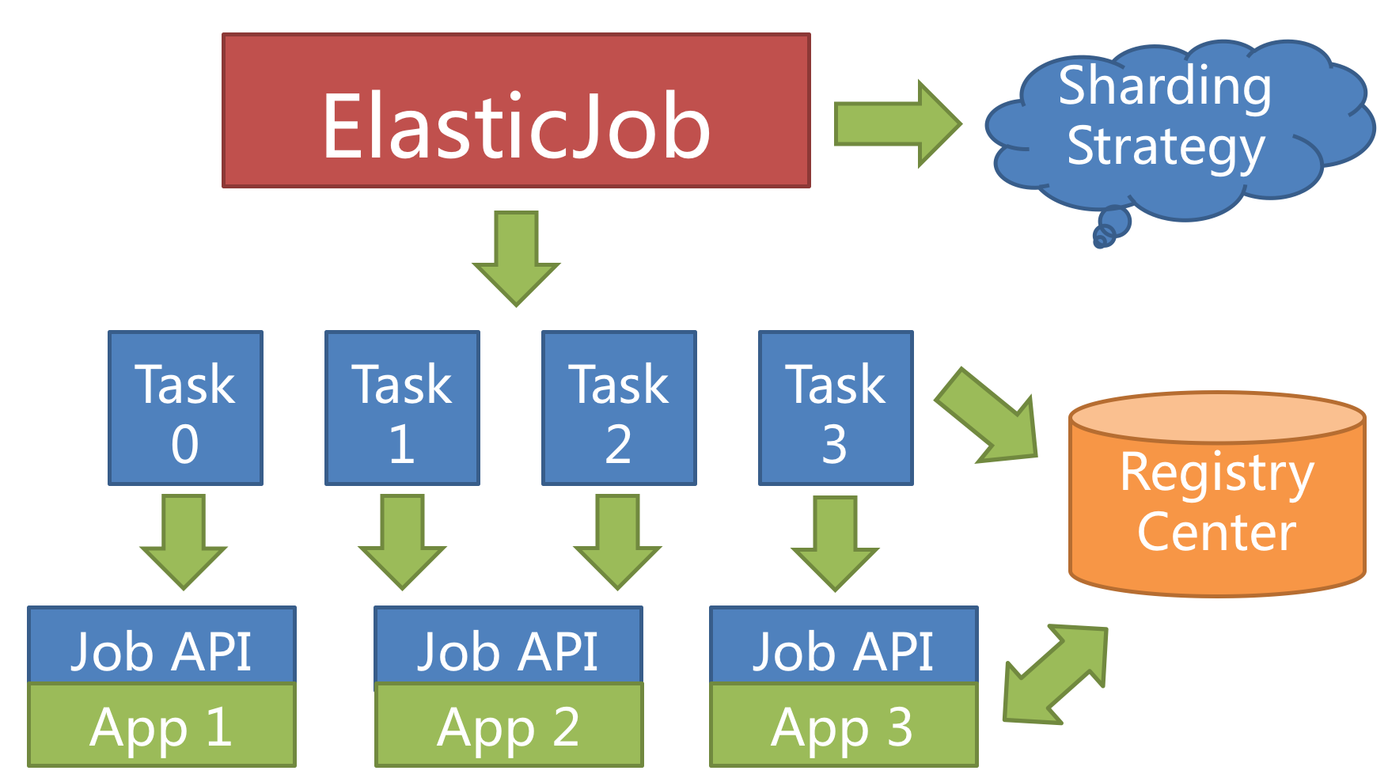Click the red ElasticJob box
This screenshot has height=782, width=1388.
click(x=516, y=111)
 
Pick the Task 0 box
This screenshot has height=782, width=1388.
click(x=185, y=408)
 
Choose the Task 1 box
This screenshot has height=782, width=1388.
click(x=402, y=408)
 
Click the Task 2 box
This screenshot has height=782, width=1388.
click(x=619, y=408)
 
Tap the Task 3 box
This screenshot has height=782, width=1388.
click(x=836, y=408)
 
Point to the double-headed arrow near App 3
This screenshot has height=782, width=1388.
click(x=1055, y=674)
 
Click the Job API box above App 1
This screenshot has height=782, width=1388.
click(x=161, y=646)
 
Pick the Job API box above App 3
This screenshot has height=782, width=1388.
click(x=844, y=646)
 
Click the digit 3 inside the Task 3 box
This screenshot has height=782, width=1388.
click(x=835, y=445)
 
